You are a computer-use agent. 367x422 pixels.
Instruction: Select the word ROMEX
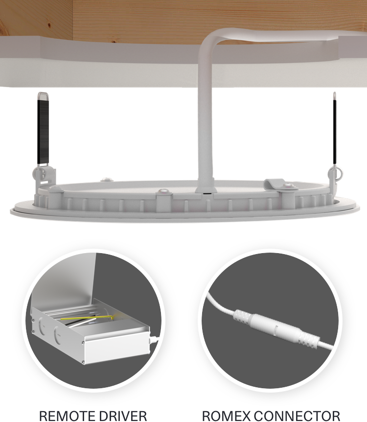coord(226,416)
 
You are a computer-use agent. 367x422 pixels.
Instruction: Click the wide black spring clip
coord(43,129)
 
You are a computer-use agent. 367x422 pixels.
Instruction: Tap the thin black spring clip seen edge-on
coord(334,129)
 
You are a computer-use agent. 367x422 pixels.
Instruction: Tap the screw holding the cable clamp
coord(288,186)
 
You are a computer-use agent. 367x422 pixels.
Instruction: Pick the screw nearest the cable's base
coord(163,191)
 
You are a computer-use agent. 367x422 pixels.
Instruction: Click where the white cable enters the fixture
coord(206,190)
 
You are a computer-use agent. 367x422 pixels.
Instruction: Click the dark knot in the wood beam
coord(49,26)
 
